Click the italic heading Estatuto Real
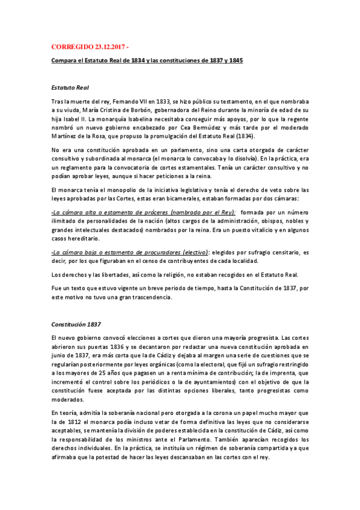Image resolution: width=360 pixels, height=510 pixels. (x=70, y=87)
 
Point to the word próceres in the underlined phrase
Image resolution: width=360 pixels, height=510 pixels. (x=151, y=212)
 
